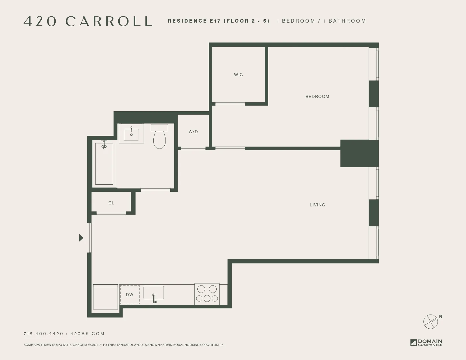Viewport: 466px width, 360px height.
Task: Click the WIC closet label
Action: tap(238, 75)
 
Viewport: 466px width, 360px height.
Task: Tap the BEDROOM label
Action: tap(317, 97)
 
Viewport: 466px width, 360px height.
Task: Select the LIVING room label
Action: tap(317, 205)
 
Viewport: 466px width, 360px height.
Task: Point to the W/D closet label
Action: tap(193, 132)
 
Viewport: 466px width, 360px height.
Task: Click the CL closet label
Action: tap(111, 203)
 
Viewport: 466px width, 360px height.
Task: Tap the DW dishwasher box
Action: tap(130, 294)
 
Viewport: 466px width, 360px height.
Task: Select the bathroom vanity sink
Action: tap(131, 133)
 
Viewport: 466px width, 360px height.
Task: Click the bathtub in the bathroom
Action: tap(104, 164)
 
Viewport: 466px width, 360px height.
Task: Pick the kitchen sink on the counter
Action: tap(154, 293)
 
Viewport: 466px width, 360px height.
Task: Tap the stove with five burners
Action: tap(207, 294)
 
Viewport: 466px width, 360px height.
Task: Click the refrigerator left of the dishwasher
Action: tap(105, 297)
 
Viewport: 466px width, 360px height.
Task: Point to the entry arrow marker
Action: tap(81, 238)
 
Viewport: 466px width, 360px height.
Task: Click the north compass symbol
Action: tap(430, 321)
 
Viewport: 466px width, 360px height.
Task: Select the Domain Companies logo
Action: tap(426, 342)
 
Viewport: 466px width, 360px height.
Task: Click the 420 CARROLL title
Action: tap(88, 21)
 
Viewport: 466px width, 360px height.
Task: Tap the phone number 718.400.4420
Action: tap(43, 334)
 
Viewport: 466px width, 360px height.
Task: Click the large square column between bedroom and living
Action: tap(355, 153)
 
